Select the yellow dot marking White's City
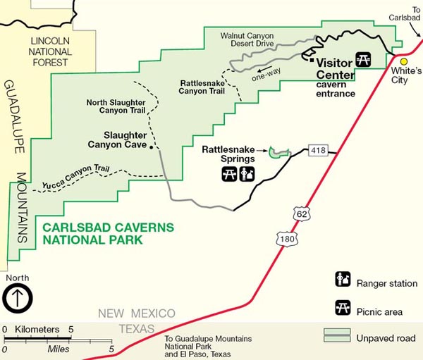(x=405, y=61)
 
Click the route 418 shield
(x=317, y=150)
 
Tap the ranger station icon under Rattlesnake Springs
(x=247, y=173)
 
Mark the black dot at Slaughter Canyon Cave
(x=152, y=149)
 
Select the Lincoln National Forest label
(x=50, y=51)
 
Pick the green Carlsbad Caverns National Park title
(x=92, y=234)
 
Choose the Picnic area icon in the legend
(x=343, y=307)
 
